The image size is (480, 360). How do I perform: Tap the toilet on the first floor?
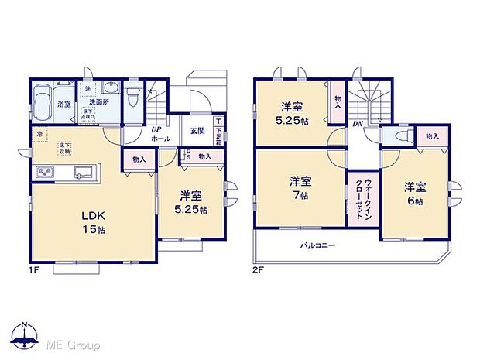coord(134,99)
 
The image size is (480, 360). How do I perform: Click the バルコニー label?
coord(317,245)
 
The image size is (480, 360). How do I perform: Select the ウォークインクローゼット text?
coord(362,198)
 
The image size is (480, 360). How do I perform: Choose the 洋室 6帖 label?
coord(415,194)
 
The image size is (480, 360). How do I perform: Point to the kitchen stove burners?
coord(43,172)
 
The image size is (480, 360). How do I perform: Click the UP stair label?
coord(156,129)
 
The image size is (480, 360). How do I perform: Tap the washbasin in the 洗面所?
coord(109,88)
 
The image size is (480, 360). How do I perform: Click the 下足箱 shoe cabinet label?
coord(219,132)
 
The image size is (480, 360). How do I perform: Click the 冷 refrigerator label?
coord(38,133)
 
